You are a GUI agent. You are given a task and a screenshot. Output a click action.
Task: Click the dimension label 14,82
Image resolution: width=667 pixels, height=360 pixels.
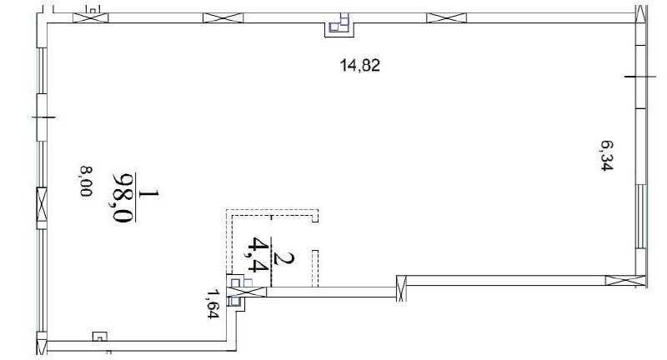pyautogui.click(x=360, y=66)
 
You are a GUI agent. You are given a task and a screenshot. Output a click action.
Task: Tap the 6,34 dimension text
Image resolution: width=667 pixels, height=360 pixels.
pyautogui.click(x=607, y=156)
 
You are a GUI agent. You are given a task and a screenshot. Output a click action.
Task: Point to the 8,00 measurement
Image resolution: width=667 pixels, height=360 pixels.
pyautogui.click(x=86, y=181)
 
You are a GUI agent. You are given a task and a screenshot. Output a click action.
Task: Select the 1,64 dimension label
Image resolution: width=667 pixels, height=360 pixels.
pyautogui.click(x=213, y=303)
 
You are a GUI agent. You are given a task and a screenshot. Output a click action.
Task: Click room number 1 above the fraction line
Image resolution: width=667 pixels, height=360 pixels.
pyautogui.click(x=148, y=193)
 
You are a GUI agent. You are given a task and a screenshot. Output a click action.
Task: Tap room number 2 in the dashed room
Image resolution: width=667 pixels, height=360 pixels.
pyautogui.click(x=283, y=258)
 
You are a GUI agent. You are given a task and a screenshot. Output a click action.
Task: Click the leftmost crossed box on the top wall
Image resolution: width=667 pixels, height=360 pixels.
pyautogui.click(x=91, y=17)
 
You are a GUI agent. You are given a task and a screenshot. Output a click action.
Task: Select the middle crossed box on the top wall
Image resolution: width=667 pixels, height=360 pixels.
pyautogui.click(x=223, y=17)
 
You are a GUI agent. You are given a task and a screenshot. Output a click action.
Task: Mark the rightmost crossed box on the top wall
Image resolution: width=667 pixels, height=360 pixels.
pyautogui.click(x=446, y=17)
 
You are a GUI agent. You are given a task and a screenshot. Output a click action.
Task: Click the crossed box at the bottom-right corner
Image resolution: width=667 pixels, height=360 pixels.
pyautogui.click(x=625, y=281)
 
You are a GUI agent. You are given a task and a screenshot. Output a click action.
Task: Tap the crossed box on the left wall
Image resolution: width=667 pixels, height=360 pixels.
pyautogui.click(x=42, y=204)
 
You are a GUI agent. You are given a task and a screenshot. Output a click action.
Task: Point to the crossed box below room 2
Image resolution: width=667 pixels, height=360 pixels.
pyautogui.click(x=247, y=292)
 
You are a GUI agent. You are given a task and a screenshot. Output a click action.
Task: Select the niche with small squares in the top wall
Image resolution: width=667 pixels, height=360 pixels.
pyautogui.click(x=339, y=27)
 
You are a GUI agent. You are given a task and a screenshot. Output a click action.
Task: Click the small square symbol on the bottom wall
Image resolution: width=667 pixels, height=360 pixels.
pyautogui.click(x=100, y=336)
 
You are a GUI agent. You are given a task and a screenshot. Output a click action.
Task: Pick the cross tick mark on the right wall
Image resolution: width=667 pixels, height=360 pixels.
pyautogui.click(x=640, y=77)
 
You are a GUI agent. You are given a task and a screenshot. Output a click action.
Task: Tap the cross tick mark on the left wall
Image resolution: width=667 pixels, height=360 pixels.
pyautogui.click(x=43, y=117)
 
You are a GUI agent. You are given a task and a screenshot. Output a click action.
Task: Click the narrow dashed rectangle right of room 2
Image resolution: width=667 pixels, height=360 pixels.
pyautogui.click(x=315, y=268)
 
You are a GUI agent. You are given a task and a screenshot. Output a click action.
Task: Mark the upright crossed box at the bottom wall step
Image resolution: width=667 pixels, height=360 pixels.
pyautogui.click(x=401, y=288)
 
